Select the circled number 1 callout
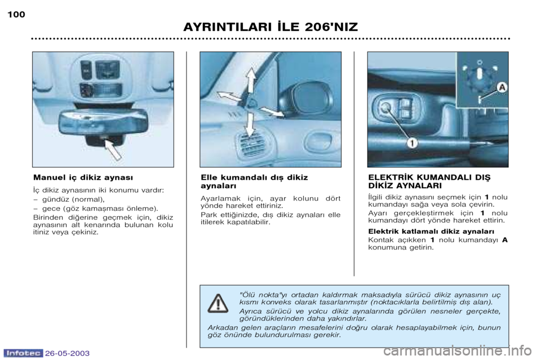413,144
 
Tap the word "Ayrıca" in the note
252,310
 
